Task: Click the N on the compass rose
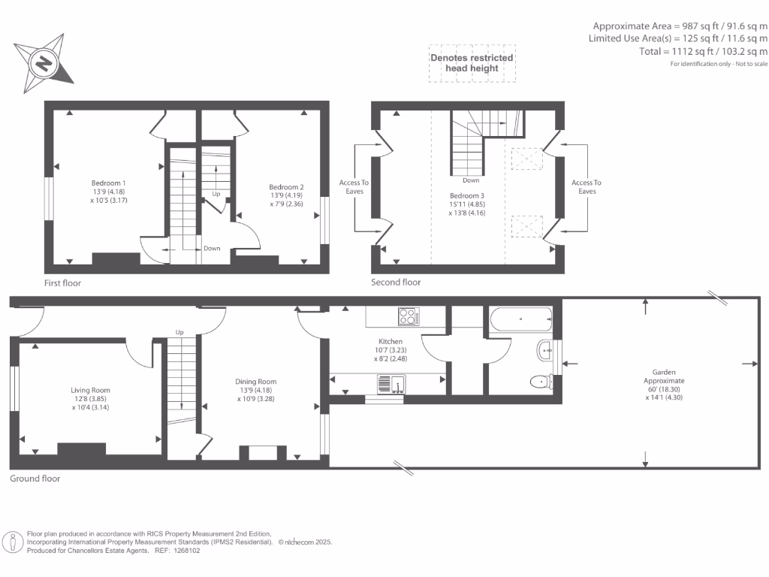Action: [44, 63]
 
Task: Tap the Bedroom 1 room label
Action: [108, 183]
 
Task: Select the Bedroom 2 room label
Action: [286, 187]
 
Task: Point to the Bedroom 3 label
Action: [467, 196]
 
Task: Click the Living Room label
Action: [90, 391]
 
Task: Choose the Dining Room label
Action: [255, 382]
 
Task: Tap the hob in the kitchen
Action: [409, 316]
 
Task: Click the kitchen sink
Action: [391, 384]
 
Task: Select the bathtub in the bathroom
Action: [521, 319]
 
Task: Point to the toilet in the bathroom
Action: [542, 381]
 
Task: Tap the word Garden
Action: [664, 373]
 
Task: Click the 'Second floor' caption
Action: [396, 282]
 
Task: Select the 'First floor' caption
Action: [62, 283]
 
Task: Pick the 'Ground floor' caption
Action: [35, 479]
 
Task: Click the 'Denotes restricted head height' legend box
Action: [472, 63]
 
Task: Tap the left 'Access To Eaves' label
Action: [354, 187]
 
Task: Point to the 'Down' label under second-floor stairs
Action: [471, 180]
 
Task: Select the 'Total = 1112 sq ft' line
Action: [703, 51]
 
